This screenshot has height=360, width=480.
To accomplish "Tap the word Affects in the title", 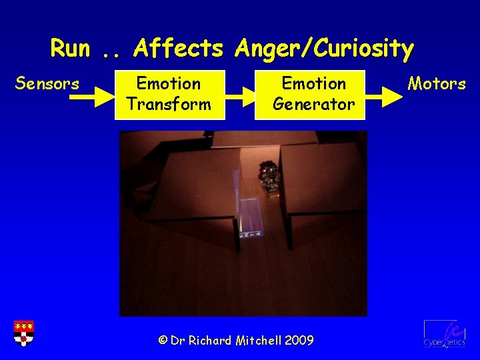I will (178, 48).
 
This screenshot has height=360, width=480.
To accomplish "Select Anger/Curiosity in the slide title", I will (323, 48).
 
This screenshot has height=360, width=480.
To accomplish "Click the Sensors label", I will (47, 84).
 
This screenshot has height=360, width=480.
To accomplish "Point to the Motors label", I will (437, 84).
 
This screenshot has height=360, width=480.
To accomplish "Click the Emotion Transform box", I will (169, 94).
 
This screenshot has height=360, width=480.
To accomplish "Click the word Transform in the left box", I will (169, 105).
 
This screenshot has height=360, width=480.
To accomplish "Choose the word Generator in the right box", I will (313, 105).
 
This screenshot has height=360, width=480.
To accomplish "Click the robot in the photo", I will (269, 177).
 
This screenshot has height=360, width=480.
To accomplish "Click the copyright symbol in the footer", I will (163, 341).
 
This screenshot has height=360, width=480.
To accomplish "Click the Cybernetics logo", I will (444, 333).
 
